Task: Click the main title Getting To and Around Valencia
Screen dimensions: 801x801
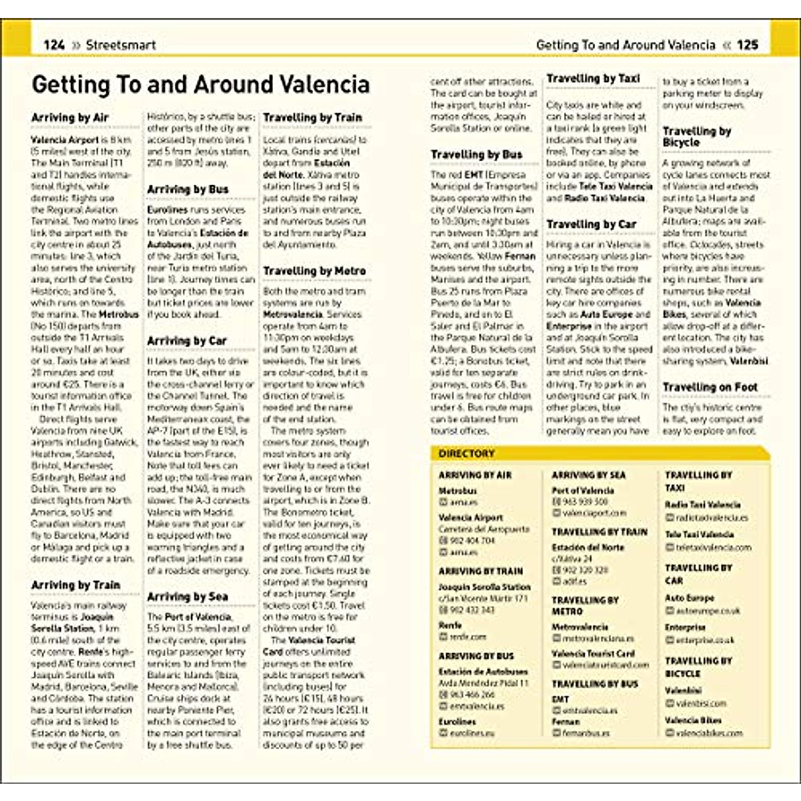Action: tap(200, 85)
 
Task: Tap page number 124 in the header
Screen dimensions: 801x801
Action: tap(54, 45)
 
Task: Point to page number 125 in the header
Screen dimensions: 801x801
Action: tap(748, 45)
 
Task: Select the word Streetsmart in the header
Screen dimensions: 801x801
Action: tap(121, 45)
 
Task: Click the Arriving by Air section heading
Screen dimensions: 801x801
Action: tap(70, 118)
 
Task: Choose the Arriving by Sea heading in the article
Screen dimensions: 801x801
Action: tap(188, 597)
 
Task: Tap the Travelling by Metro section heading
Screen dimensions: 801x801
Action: tap(314, 271)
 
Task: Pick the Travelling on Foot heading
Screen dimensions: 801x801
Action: tap(710, 387)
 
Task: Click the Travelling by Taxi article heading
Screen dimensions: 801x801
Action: tap(593, 79)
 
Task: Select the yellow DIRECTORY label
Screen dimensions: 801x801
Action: tap(467, 454)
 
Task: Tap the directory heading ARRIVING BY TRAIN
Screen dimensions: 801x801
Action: tap(481, 571)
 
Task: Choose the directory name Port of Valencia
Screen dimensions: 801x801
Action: tap(583, 491)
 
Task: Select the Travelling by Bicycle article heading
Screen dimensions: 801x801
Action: tap(697, 137)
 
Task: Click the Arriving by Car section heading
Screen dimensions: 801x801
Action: tap(187, 341)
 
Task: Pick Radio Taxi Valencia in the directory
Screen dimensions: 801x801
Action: tap(703, 505)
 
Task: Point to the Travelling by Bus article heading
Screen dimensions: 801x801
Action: tap(477, 155)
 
